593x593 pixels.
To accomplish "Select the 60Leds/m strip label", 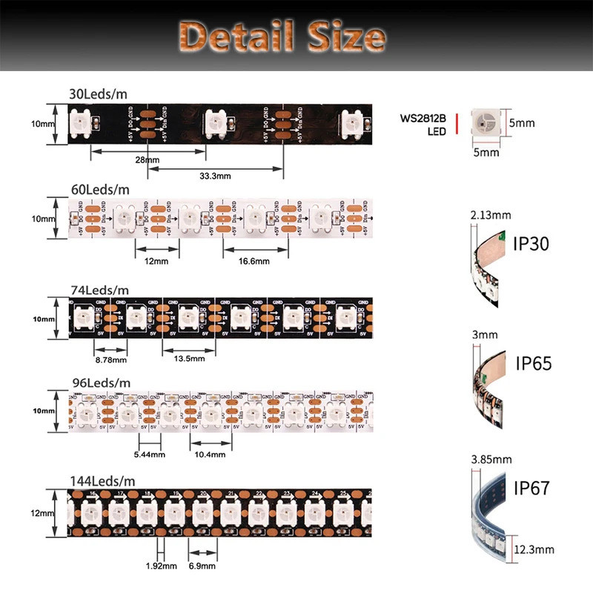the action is coord(99,189).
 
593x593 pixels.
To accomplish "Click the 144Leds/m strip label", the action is coord(103,480).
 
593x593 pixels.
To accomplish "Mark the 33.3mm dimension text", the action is coord(215,176).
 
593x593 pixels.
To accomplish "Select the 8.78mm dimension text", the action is coord(111,360).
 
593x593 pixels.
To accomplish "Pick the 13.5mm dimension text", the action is coord(188,358).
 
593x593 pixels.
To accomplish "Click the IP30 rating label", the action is coord(531,243).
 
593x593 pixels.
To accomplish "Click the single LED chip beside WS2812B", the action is coord(486,122).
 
